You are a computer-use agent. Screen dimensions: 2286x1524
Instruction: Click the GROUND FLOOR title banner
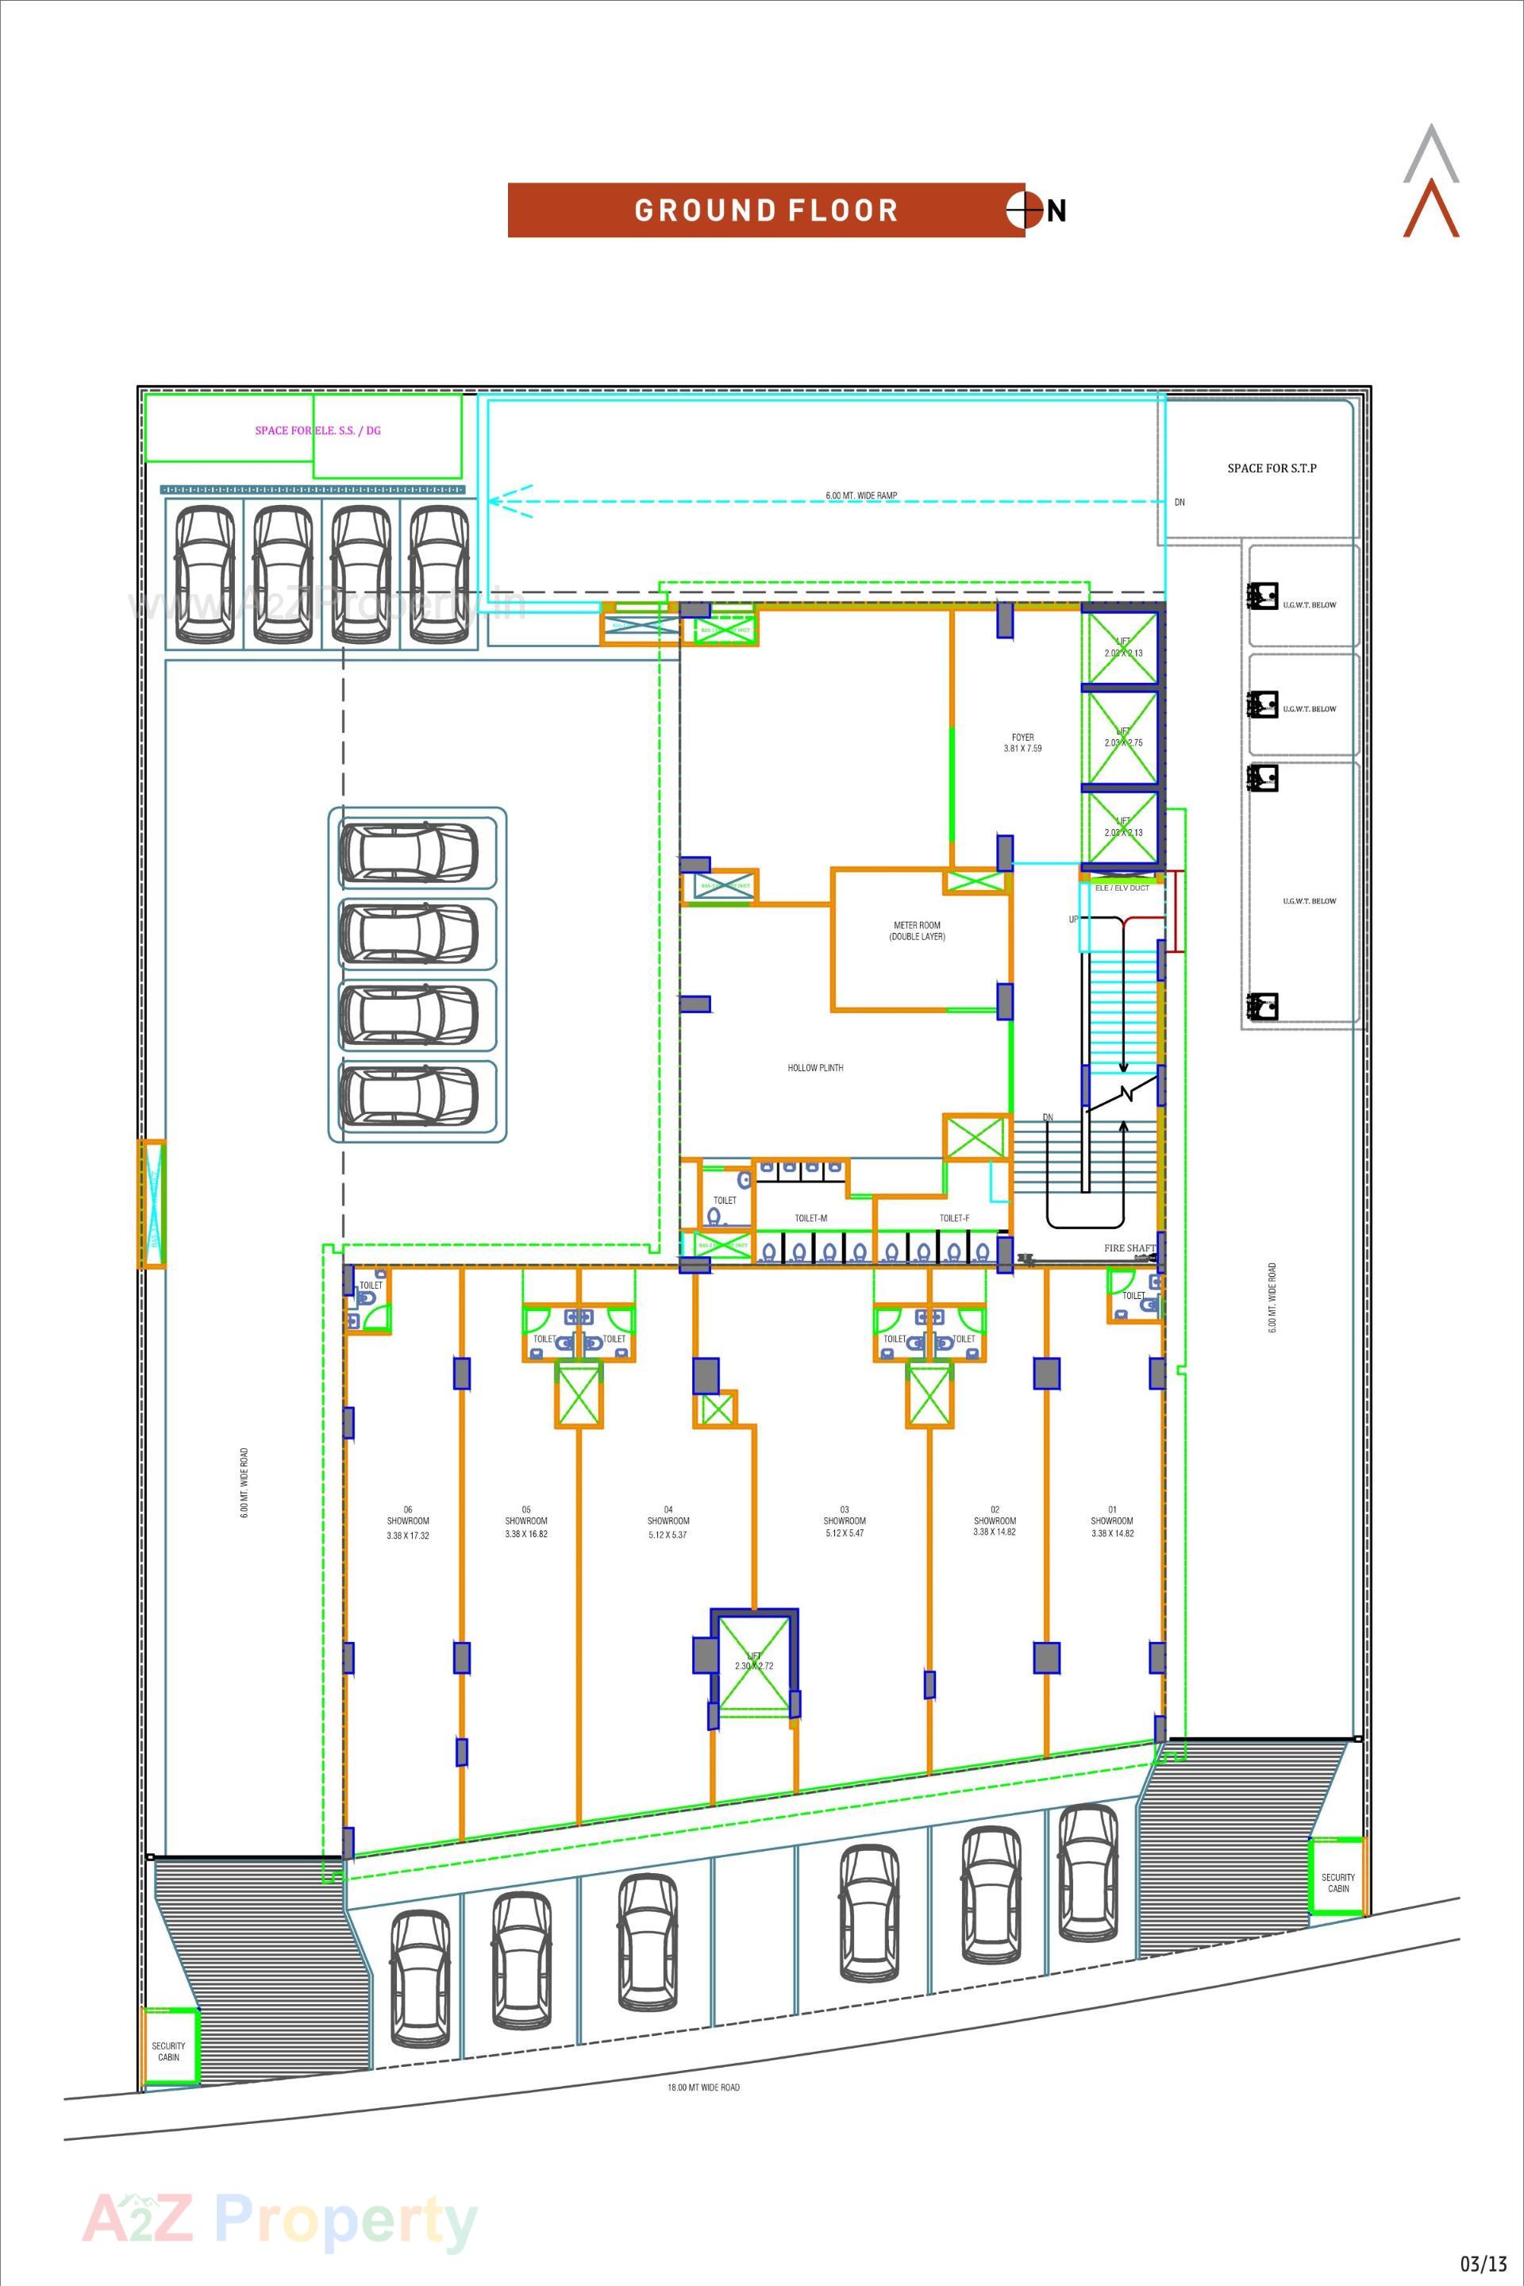click(765, 210)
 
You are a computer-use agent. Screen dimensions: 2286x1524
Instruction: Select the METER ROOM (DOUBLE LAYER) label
click(917, 931)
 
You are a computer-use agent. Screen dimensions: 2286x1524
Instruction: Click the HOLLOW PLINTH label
click(814, 1068)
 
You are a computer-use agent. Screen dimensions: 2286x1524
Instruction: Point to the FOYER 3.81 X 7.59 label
click(1022, 743)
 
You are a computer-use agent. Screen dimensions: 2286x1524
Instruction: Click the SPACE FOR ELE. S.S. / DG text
click(317, 430)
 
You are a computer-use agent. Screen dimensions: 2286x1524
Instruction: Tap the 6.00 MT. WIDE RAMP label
click(861, 496)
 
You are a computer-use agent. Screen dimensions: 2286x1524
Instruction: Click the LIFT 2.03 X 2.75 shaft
click(1122, 738)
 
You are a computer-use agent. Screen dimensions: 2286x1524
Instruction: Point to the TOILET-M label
click(810, 1218)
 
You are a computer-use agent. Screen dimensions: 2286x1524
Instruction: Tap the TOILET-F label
click(953, 1218)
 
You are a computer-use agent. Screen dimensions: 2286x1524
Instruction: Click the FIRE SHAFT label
click(1130, 1248)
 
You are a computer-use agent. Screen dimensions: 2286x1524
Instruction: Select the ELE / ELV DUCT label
click(1122, 888)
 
